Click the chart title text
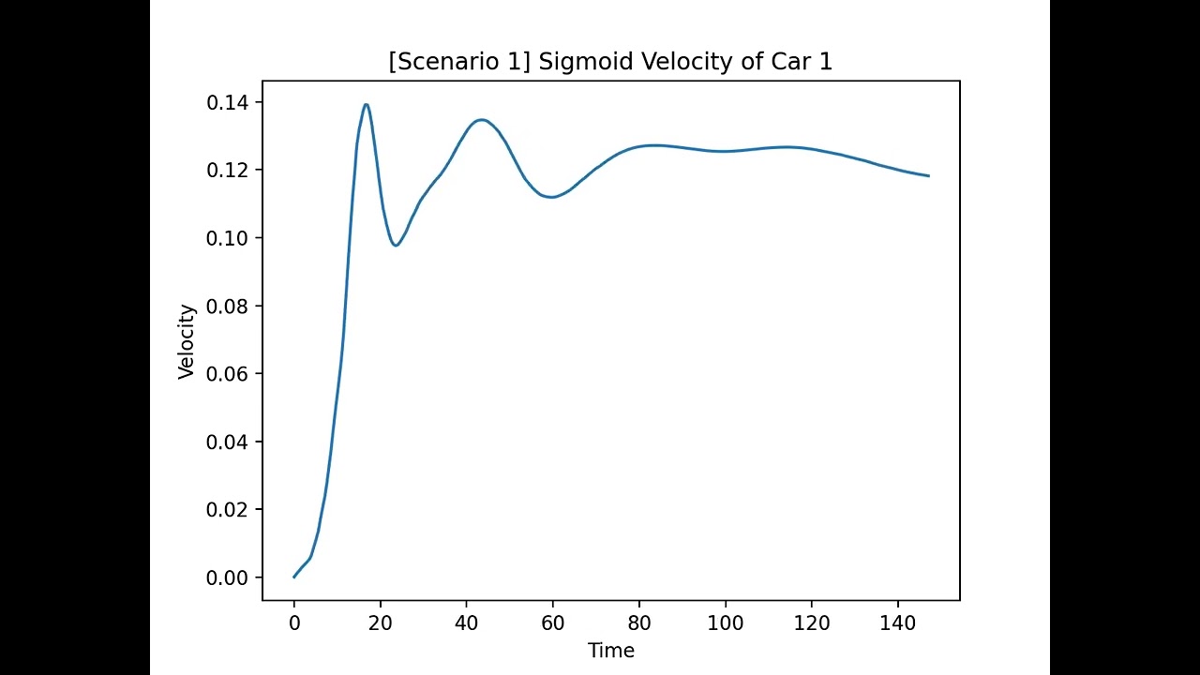(x=610, y=62)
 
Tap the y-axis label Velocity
(x=187, y=341)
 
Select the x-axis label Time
(x=610, y=651)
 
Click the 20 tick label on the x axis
(x=380, y=621)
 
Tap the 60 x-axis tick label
(x=552, y=621)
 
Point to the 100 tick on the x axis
(x=725, y=621)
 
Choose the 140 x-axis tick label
(x=897, y=621)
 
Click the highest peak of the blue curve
(x=366, y=104)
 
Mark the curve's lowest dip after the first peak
(x=397, y=246)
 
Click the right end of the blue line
(x=928, y=176)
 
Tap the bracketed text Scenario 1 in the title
(x=459, y=63)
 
